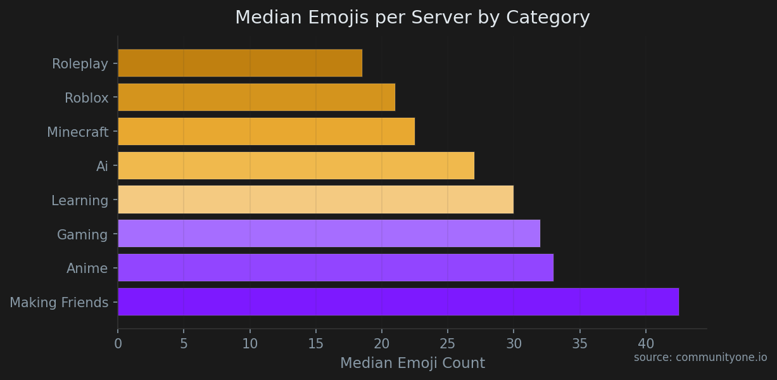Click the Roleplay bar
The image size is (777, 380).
pos(240,63)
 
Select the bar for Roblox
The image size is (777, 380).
pos(256,98)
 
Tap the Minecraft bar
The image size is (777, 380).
pos(266,132)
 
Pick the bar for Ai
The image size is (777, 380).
pos(296,166)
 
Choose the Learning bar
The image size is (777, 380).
pos(315,200)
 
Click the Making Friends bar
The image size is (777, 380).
pos(398,302)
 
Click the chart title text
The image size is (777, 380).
pos(412,18)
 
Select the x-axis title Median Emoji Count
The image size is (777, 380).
pos(412,364)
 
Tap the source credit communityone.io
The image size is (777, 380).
pos(700,358)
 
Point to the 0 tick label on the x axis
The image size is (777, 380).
pos(118,345)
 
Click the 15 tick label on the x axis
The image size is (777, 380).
pos(316,345)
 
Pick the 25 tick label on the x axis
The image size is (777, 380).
pos(448,345)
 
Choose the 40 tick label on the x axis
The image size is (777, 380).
pos(646,345)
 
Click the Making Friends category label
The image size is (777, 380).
pos(59,303)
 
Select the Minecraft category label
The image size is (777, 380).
pos(77,132)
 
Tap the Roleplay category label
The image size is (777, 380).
pos(80,64)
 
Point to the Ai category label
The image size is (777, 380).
pos(102,167)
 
